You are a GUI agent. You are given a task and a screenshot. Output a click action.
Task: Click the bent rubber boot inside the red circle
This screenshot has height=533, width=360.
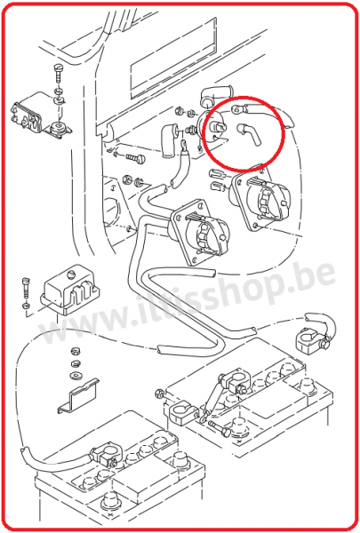point(249,135)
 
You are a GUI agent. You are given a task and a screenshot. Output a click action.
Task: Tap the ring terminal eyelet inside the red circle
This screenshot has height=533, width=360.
point(236,109)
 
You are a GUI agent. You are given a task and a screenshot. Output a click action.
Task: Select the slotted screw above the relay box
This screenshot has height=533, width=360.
point(59,72)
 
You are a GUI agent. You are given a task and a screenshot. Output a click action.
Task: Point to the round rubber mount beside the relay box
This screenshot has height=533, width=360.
point(59,129)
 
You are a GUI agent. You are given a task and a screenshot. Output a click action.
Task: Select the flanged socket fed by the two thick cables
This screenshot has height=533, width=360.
point(200,231)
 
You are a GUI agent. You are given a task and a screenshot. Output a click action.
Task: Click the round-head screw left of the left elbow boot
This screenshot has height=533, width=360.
point(136,158)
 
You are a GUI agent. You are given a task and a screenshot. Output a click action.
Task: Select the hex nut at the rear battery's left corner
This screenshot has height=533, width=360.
point(158,394)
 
